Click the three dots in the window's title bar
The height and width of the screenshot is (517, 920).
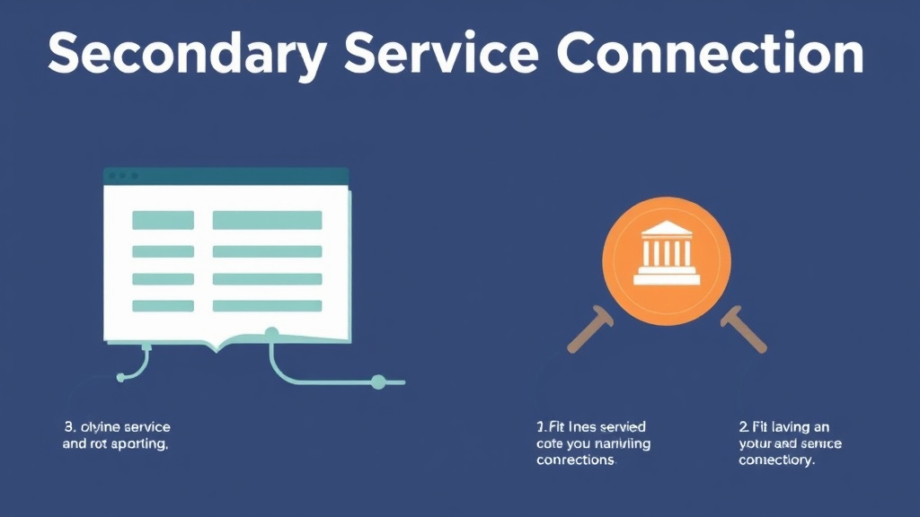[x=122, y=176]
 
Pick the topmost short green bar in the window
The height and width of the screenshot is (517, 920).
[x=163, y=220]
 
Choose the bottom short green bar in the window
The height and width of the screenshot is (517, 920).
[x=163, y=305]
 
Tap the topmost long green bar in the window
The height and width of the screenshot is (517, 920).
[x=267, y=220]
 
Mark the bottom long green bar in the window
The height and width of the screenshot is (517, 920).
[x=267, y=305]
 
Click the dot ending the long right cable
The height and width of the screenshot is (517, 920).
[x=378, y=382]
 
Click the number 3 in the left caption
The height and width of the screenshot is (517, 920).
[x=66, y=426]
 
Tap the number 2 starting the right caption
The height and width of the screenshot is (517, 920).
[x=742, y=426]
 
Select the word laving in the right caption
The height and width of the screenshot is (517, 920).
[x=787, y=426]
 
